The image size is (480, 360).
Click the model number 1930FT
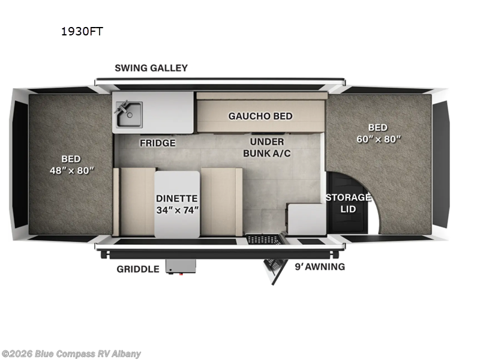tap(81, 32)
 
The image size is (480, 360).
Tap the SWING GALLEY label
tap(151, 68)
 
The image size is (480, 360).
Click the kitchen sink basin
tap(129, 114)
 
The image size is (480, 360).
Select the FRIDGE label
tap(158, 143)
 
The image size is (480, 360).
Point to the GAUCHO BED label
tap(260, 116)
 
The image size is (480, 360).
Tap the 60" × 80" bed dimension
tap(377, 139)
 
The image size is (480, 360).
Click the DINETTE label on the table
tap(177, 198)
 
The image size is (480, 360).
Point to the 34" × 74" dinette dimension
tap(177, 210)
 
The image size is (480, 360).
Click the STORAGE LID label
tap(348, 203)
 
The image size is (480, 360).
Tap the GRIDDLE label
tap(138, 269)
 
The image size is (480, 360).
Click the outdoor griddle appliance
tap(181, 266)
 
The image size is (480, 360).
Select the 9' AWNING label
tap(320, 266)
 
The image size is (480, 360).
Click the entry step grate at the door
tap(264, 239)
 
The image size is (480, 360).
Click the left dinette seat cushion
tap(137, 202)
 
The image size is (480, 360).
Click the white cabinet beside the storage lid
tap(306, 219)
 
